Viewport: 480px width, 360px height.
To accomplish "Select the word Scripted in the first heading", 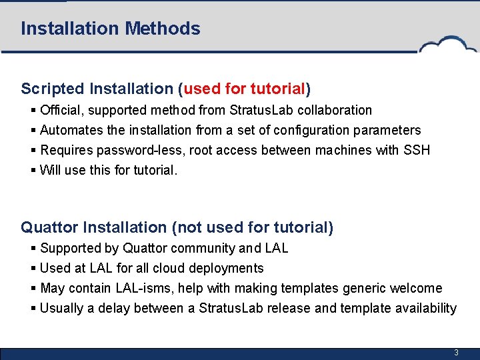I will [x=53, y=89].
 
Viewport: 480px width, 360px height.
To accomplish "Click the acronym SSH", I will [x=417, y=150].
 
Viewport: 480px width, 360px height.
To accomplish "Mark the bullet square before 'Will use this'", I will [x=33, y=170].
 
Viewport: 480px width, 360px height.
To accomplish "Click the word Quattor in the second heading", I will [x=49, y=227].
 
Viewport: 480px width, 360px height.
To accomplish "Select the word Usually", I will [x=62, y=308].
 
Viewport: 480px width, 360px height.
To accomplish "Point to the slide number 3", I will [x=456, y=352].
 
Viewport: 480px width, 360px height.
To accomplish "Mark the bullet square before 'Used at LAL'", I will [x=33, y=268].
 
